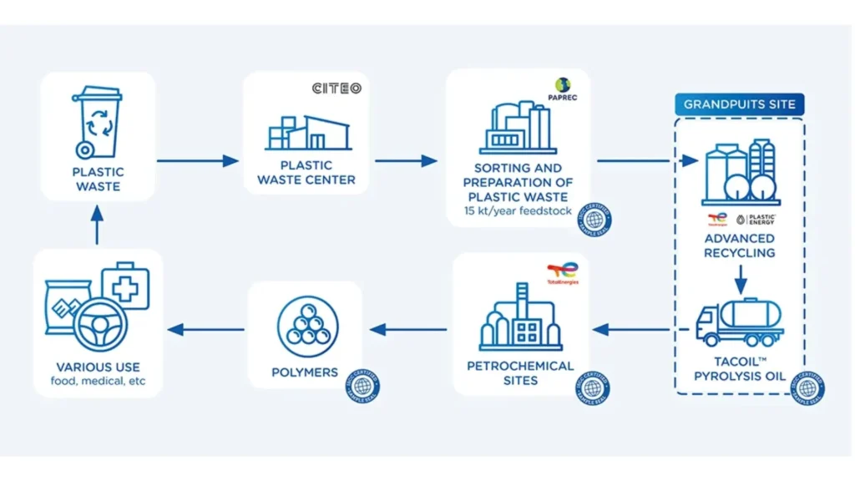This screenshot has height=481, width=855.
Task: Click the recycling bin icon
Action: coord(98,124)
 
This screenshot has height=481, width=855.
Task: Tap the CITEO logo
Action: coord(336,88)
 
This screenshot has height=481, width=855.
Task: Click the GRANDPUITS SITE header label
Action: coord(740,104)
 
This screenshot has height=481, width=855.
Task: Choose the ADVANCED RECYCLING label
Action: coord(739,246)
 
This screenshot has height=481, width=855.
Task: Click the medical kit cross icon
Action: coord(125,286)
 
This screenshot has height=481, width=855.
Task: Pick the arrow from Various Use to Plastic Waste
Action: coord(98,225)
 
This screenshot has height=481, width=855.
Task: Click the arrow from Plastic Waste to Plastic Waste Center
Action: coord(198,160)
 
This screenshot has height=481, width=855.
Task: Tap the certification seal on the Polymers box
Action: coord(362,385)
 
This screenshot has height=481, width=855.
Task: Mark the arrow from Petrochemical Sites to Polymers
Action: coord(412,330)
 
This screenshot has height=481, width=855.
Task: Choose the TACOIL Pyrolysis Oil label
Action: coord(739,370)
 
